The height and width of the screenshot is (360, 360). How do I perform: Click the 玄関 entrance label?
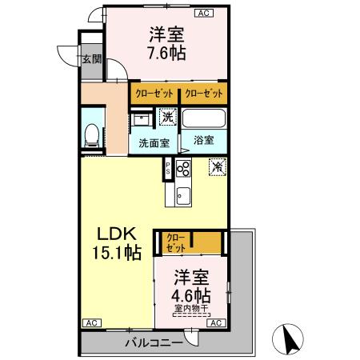(91, 58)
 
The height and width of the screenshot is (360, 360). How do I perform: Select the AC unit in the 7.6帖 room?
(202, 14)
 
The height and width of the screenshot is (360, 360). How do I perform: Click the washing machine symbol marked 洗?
(166, 118)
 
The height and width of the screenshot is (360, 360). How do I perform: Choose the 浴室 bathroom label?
(203, 140)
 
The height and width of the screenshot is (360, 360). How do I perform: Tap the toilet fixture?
(92, 135)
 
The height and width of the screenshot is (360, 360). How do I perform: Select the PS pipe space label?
(168, 169)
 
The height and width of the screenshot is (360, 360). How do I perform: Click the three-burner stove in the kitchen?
(183, 169)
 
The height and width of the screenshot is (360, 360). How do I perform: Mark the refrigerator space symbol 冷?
(216, 167)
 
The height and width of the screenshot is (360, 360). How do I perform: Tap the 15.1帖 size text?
(117, 254)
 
